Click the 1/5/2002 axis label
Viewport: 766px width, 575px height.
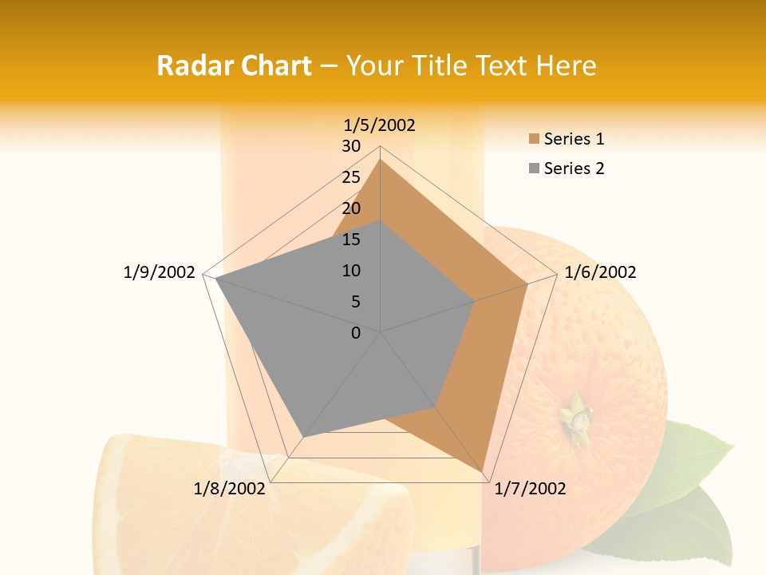(x=380, y=125)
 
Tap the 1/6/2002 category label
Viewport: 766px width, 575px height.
(x=600, y=272)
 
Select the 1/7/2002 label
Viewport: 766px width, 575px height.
(x=530, y=489)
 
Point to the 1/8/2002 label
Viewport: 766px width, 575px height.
(x=230, y=489)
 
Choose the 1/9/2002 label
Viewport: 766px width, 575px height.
(x=159, y=272)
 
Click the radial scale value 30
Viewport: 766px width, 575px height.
(x=351, y=146)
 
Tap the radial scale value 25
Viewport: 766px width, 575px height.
(x=351, y=177)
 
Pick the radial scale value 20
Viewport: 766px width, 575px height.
(x=351, y=208)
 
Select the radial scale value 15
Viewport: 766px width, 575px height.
(x=351, y=240)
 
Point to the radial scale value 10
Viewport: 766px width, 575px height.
(x=351, y=271)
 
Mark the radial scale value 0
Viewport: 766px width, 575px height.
(x=356, y=333)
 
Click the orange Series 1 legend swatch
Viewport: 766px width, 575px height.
(x=534, y=139)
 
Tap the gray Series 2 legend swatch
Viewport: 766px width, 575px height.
(x=534, y=169)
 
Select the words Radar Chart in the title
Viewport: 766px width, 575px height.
(x=234, y=65)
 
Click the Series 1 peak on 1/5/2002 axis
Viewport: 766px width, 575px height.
(x=381, y=160)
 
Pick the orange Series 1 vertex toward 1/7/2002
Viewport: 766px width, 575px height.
(x=483, y=471)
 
